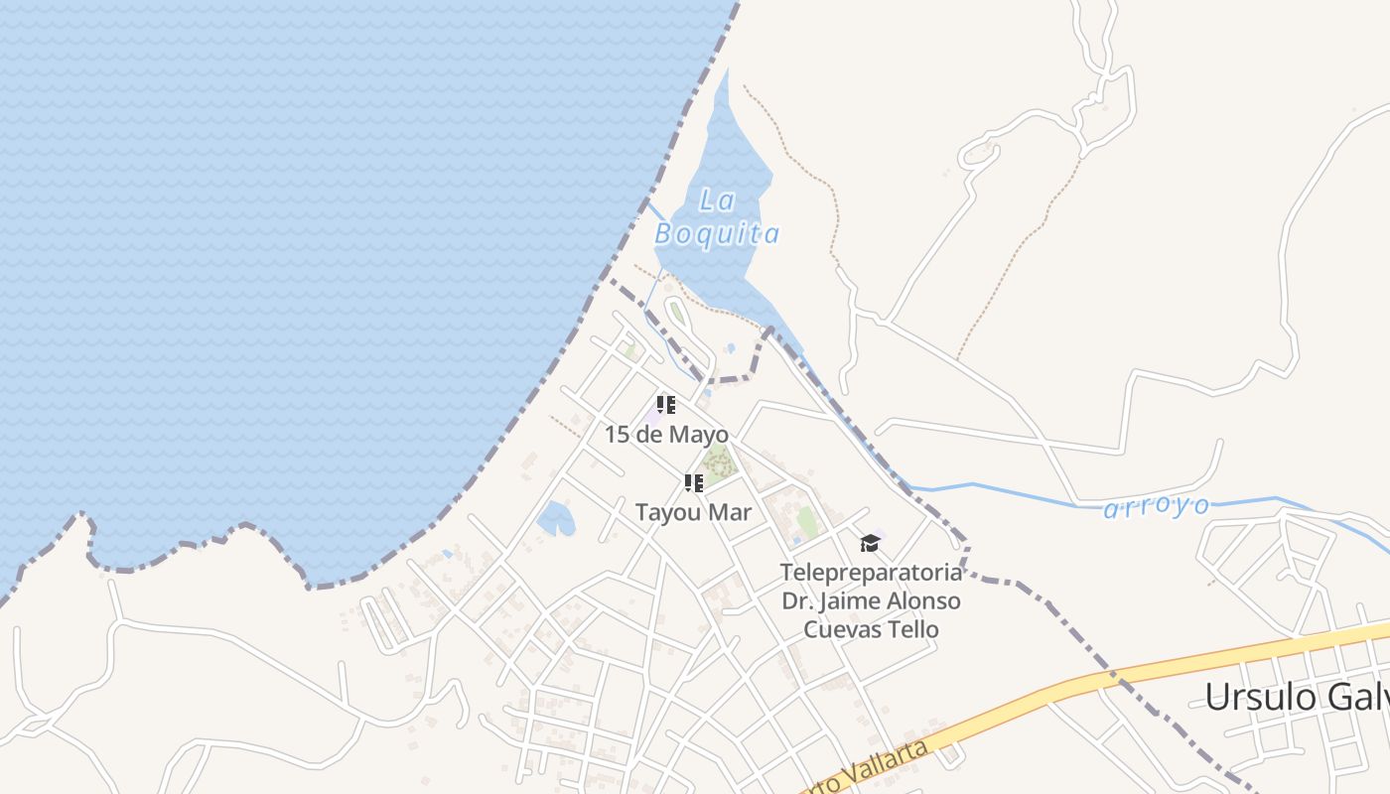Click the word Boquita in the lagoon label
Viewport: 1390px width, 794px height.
pyautogui.click(x=717, y=234)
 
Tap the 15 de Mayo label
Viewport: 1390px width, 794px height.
pyautogui.click(x=666, y=435)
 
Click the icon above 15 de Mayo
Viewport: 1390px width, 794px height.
pyautogui.click(x=666, y=405)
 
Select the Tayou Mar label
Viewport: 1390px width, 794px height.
pyautogui.click(x=693, y=512)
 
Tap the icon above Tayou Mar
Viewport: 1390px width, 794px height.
pyautogui.click(x=693, y=483)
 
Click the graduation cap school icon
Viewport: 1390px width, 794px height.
pyautogui.click(x=870, y=543)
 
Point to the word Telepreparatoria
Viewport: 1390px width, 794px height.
pyautogui.click(x=871, y=573)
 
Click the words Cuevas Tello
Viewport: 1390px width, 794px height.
pyautogui.click(x=871, y=629)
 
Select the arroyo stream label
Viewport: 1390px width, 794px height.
pyautogui.click(x=1157, y=507)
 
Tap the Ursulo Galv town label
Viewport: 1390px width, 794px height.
pyautogui.click(x=1296, y=697)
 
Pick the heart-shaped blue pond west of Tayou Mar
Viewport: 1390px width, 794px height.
pyautogui.click(x=555, y=518)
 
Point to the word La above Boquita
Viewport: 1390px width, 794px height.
pyautogui.click(x=717, y=200)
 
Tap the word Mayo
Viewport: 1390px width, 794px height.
pyautogui.click(x=699, y=435)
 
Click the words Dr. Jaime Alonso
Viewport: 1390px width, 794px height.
pyautogui.click(x=871, y=601)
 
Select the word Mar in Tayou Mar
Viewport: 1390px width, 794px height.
pyautogui.click(x=732, y=512)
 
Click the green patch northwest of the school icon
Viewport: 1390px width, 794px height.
pyautogui.click(x=807, y=521)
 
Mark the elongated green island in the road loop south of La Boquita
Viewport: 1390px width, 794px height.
pyautogui.click(x=678, y=315)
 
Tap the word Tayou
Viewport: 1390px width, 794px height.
pyautogui.click(x=670, y=512)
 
